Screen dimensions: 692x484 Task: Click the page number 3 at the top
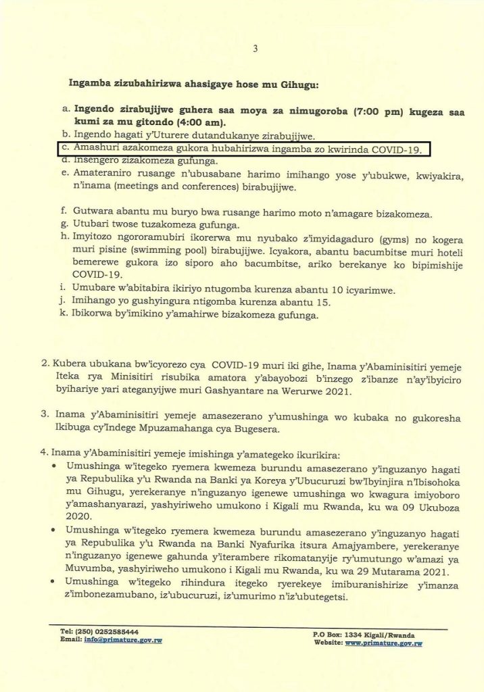click(255, 49)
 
